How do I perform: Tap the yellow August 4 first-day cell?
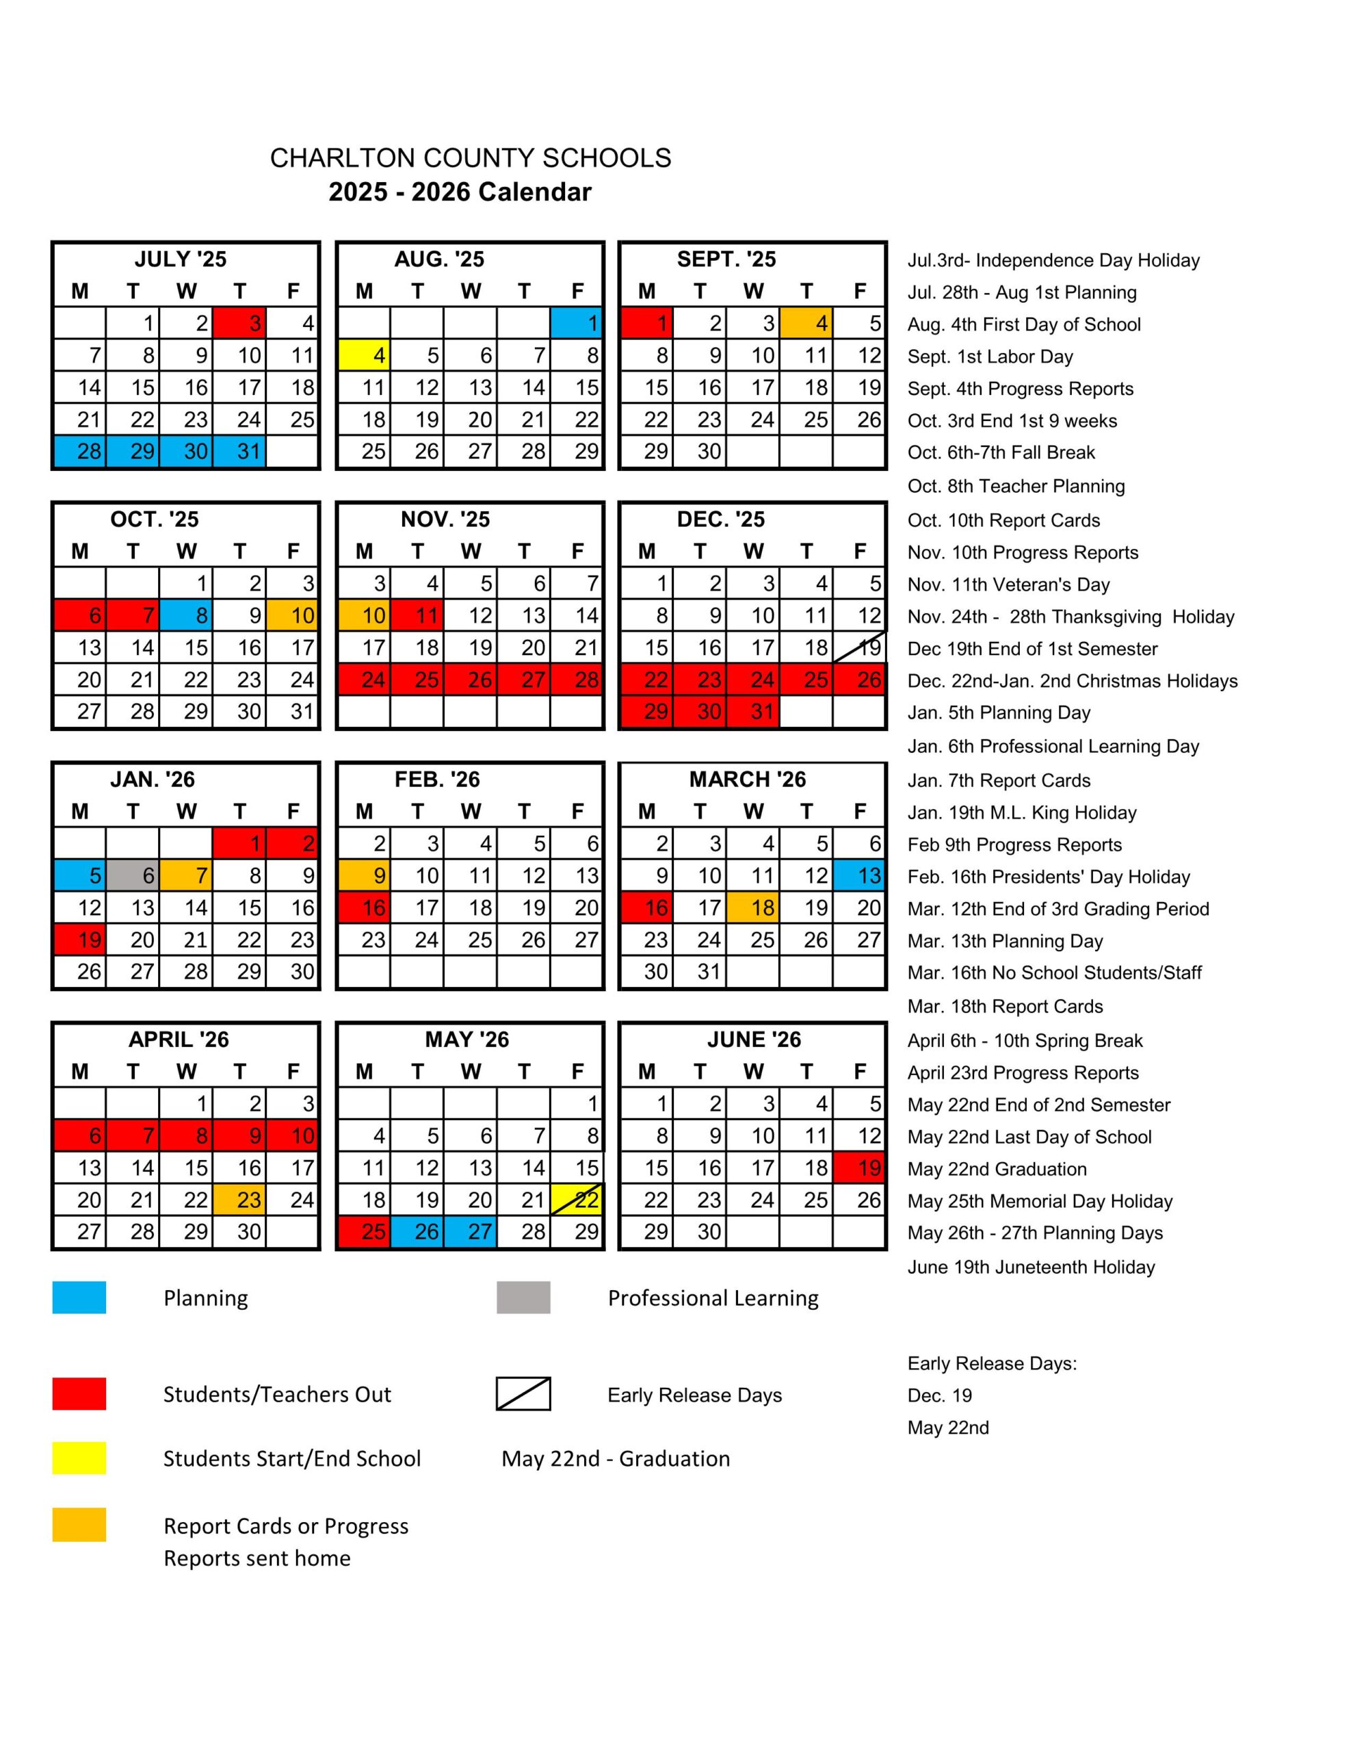pyautogui.click(x=364, y=355)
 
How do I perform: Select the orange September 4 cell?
pyautogui.click(x=805, y=323)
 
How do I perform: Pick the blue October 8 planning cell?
pyautogui.click(x=186, y=615)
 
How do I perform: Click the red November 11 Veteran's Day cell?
pyautogui.click(x=417, y=615)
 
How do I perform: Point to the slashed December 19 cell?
pyautogui.click(x=859, y=647)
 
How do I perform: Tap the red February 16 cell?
pyautogui.click(x=364, y=907)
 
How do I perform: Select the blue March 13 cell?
pyautogui.click(x=859, y=875)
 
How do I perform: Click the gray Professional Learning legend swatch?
pyautogui.click(x=523, y=1297)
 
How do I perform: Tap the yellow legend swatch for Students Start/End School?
pyautogui.click(x=79, y=1458)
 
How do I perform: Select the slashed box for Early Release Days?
pyautogui.click(x=523, y=1393)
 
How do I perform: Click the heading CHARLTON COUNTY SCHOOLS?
pyautogui.click(x=470, y=158)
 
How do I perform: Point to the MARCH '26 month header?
pyautogui.click(x=748, y=779)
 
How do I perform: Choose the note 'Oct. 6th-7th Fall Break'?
pyautogui.click(x=1001, y=452)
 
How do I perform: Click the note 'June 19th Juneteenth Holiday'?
pyautogui.click(x=1031, y=1267)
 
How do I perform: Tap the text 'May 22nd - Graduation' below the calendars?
pyautogui.click(x=615, y=1458)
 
